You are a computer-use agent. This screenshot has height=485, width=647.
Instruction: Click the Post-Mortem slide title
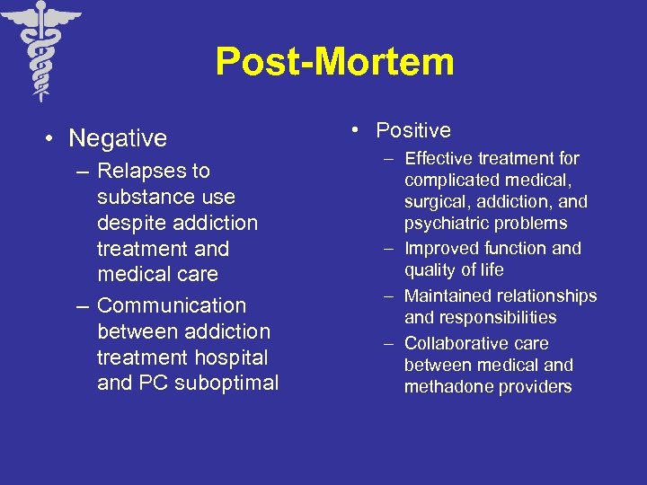tap(334, 63)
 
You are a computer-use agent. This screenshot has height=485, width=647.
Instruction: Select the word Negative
tap(118, 138)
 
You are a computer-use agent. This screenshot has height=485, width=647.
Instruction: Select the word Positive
tap(413, 130)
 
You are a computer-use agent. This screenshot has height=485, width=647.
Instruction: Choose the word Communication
tap(171, 305)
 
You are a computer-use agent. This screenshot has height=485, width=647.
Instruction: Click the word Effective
tap(439, 159)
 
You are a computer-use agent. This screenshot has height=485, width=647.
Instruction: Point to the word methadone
tap(446, 387)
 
